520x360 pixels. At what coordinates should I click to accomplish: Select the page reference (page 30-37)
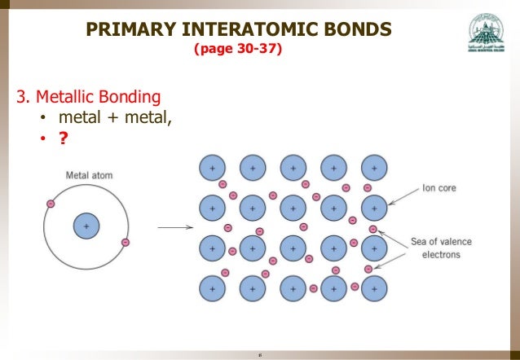238,50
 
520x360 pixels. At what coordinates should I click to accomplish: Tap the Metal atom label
89,175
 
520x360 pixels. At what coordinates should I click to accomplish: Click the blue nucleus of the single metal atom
86,226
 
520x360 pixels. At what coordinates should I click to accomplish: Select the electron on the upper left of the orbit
51,204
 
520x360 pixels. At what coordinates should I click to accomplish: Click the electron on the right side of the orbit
125,242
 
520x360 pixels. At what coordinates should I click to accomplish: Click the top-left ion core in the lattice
212,168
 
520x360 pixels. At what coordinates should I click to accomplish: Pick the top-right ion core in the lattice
374,168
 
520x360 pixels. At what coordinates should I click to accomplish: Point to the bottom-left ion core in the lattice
212,288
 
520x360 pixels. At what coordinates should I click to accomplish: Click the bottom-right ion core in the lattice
374,288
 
